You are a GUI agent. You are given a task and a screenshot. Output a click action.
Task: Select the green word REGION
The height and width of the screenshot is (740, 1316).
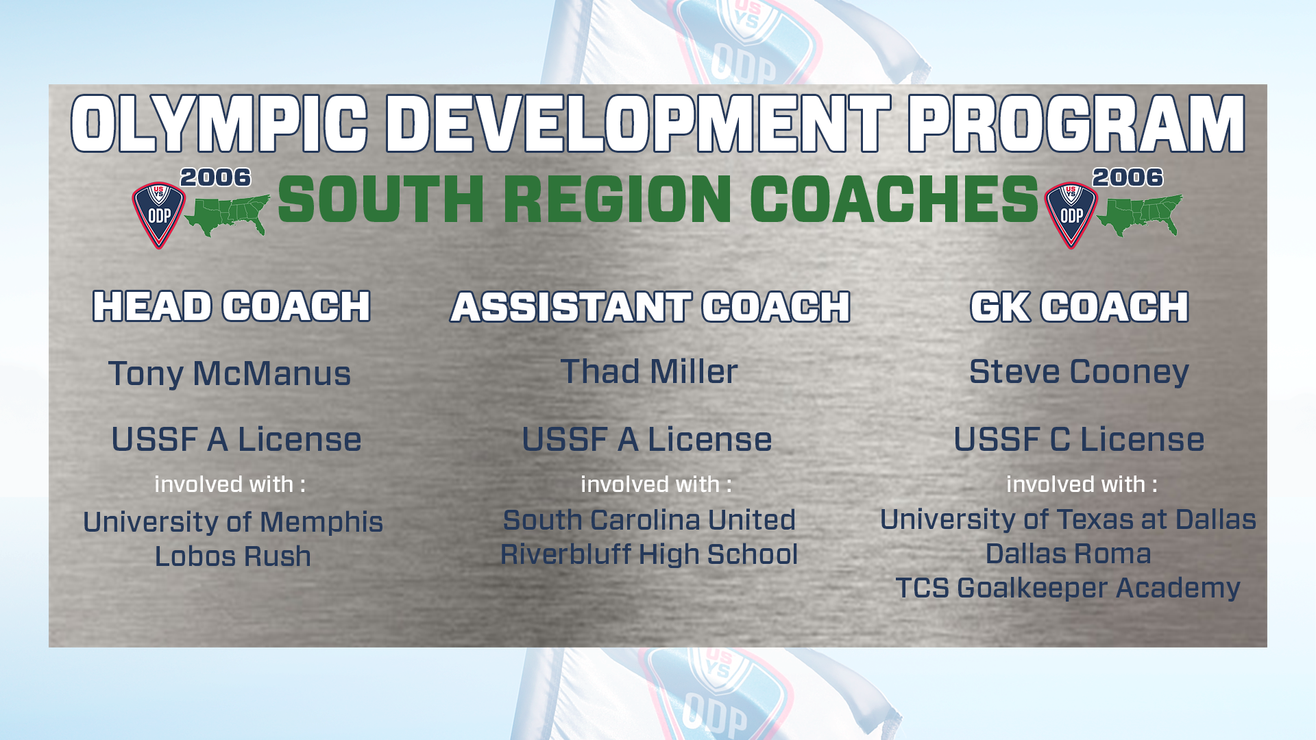point(618,199)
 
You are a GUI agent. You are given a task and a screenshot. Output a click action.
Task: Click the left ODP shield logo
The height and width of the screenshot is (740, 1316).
point(158,215)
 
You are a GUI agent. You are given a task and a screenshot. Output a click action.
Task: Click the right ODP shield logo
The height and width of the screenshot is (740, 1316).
point(1071,215)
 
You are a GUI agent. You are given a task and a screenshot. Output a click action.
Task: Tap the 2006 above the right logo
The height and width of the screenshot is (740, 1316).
point(1128,177)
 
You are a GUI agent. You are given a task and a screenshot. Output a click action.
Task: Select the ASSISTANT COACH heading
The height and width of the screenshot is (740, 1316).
point(650,306)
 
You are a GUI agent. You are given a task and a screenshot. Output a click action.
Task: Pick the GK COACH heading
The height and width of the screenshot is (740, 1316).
point(1080,306)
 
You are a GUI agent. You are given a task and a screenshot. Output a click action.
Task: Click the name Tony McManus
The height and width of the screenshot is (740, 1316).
point(230,374)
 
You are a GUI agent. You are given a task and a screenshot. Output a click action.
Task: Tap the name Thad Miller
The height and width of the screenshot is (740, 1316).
point(649,371)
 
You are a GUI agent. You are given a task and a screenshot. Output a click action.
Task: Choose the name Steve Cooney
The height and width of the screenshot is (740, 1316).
point(1079,373)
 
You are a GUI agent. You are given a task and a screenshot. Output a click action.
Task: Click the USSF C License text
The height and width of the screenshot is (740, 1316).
point(1079,439)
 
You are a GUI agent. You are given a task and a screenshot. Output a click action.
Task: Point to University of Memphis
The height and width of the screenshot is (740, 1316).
point(233,522)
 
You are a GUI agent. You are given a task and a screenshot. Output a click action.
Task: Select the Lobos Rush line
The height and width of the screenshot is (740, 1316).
point(233,556)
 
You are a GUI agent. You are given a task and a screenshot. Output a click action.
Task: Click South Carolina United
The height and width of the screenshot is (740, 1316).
point(649,520)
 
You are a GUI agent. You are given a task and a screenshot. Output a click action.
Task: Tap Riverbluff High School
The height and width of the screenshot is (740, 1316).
point(649,554)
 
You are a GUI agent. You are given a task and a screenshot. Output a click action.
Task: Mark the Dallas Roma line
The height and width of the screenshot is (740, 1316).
point(1068,554)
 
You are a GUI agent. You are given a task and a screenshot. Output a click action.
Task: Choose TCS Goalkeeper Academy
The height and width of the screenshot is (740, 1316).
point(1068,588)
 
